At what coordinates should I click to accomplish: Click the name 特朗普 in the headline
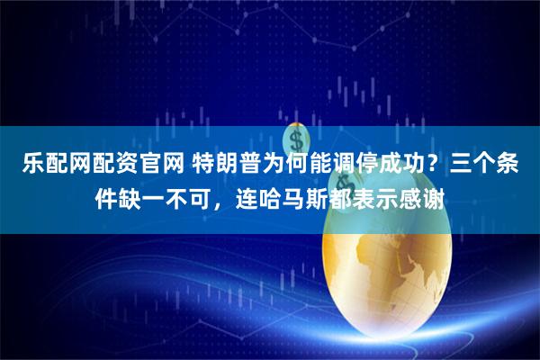pos(221,166)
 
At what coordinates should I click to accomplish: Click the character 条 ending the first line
pos(517,166)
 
